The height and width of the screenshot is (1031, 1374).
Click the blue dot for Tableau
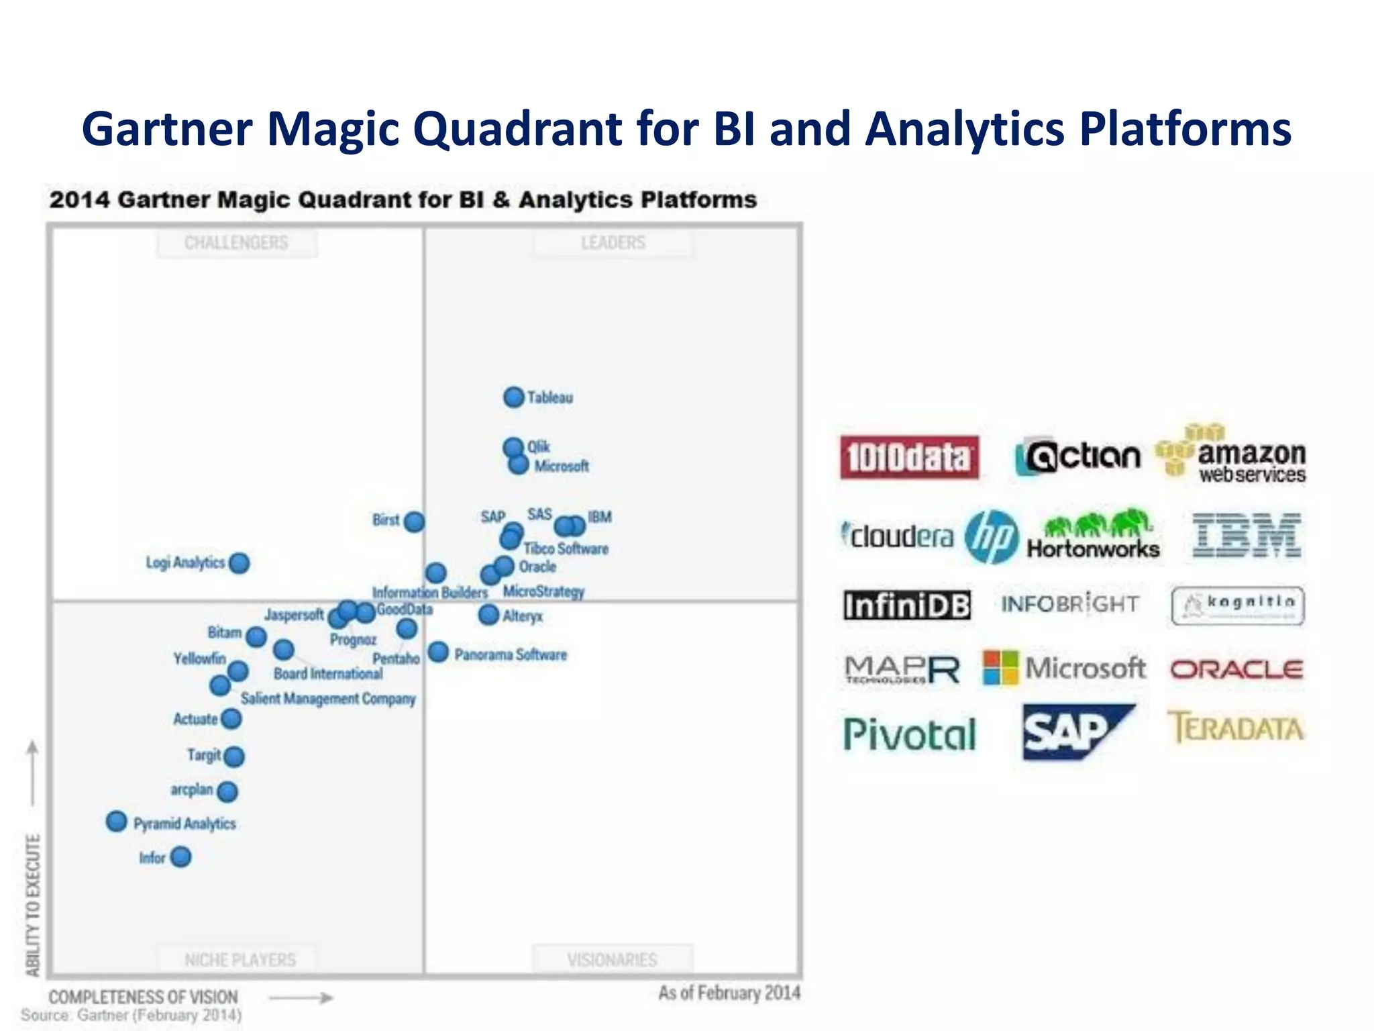click(x=514, y=397)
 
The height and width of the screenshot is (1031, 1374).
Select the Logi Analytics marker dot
click(x=239, y=563)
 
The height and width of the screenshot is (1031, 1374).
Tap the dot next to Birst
click(x=415, y=522)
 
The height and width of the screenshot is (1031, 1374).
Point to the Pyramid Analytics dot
click(x=117, y=822)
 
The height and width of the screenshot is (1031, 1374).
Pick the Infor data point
click(x=180, y=857)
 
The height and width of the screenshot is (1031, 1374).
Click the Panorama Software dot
click(x=438, y=652)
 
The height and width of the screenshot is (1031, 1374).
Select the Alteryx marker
click(x=488, y=614)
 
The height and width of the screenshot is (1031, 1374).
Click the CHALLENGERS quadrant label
click(x=236, y=243)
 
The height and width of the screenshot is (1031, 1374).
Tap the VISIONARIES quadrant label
click(x=612, y=960)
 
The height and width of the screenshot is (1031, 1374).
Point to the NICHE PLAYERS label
click(x=240, y=960)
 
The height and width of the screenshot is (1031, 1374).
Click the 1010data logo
click(x=909, y=458)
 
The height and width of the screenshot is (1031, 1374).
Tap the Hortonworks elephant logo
click(x=1093, y=534)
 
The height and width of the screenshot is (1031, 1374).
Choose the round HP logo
click(x=991, y=536)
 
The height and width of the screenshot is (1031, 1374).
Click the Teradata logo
click(x=1236, y=728)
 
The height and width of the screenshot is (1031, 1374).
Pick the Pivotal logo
click(x=910, y=734)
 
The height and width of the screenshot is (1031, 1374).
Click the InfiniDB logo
click(x=907, y=605)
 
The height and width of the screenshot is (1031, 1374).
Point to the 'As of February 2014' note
click(x=729, y=993)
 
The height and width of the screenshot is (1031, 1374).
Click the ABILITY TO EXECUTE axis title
click(x=33, y=904)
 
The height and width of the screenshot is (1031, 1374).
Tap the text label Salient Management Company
click(x=328, y=699)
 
